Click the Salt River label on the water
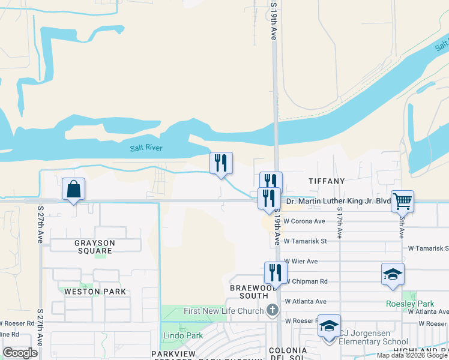click(x=146, y=148)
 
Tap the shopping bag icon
click(x=73, y=189)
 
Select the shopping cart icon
click(x=402, y=201)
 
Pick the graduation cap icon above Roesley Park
click(x=393, y=274)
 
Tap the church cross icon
click(x=273, y=310)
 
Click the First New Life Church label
click(x=223, y=310)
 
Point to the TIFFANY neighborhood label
click(x=327, y=181)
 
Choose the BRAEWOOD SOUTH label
click(x=249, y=292)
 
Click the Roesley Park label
click(x=408, y=304)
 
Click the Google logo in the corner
click(x=20, y=352)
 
